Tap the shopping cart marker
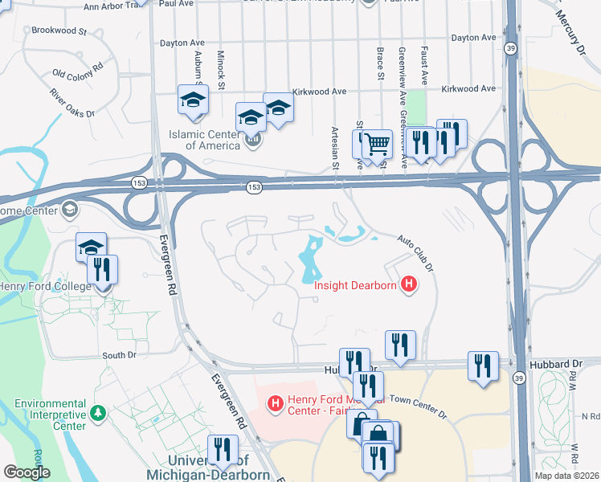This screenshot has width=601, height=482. [376, 145]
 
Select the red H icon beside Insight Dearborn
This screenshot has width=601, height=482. [409, 284]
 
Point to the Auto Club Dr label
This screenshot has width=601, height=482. [415, 250]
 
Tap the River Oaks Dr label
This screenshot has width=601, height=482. [72, 104]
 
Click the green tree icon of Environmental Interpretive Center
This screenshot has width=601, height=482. [99, 413]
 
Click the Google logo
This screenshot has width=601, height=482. [27, 472]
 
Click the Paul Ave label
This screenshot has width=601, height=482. [178, 3]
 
